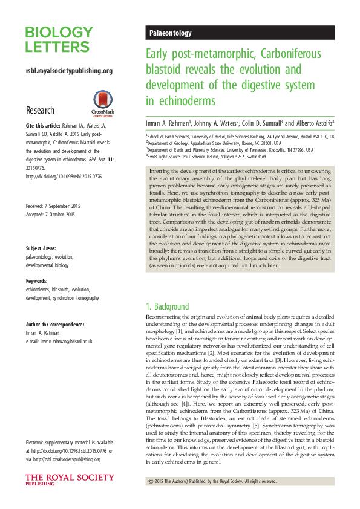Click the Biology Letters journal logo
point(59,40)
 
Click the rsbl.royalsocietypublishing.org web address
point(69,71)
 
